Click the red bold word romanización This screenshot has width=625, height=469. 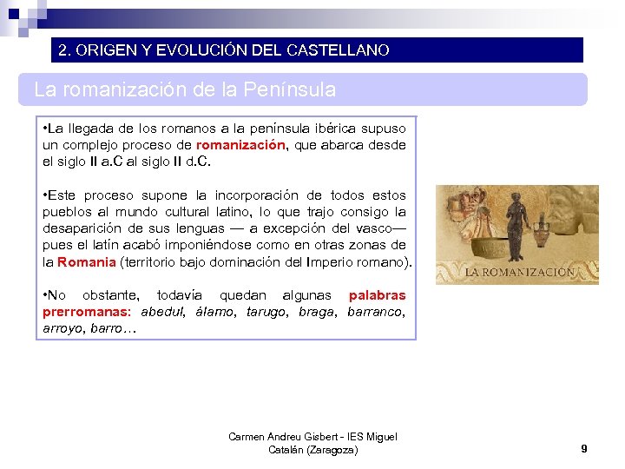tap(241, 145)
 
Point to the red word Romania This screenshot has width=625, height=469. tap(86, 261)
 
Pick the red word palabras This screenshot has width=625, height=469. tap(377, 295)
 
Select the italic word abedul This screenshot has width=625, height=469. tap(162, 312)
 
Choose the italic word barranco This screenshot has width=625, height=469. tap(376, 312)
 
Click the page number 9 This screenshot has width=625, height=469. tap(584, 448)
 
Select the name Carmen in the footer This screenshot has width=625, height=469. tap(247, 437)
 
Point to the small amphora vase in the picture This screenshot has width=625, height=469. tap(542, 230)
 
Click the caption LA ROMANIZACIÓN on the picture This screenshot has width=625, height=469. tap(518, 272)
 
